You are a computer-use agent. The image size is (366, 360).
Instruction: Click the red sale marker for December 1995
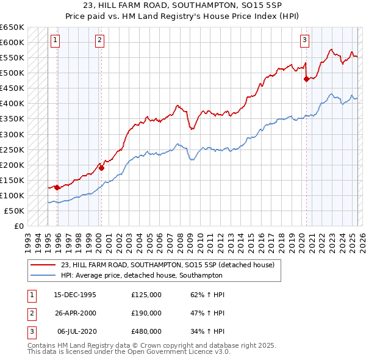[x=57, y=187]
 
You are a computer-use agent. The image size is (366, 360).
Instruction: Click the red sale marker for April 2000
[x=101, y=168]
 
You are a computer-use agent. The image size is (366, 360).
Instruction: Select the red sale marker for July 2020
[x=306, y=78]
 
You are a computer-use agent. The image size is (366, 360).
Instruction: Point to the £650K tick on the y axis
[x=12, y=27]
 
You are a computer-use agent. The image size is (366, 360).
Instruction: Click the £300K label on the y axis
[x=12, y=134]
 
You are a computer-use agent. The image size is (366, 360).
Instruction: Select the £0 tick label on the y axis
[x=18, y=226]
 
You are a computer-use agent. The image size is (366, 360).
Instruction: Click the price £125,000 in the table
[x=146, y=295]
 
